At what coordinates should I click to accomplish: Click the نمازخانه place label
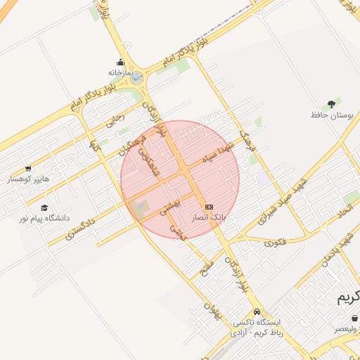(121, 72)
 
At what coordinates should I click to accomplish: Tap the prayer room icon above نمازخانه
(121, 62)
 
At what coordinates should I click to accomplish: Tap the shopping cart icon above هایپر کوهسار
(28, 169)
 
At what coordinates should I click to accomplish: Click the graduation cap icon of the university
(45, 208)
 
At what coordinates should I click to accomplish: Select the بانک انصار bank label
(210, 218)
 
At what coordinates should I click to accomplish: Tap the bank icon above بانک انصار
(210, 207)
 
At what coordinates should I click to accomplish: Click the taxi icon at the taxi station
(257, 311)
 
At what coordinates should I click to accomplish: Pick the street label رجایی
(115, 120)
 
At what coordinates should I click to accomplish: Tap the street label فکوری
(276, 243)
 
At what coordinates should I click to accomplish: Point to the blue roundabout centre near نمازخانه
(136, 79)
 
